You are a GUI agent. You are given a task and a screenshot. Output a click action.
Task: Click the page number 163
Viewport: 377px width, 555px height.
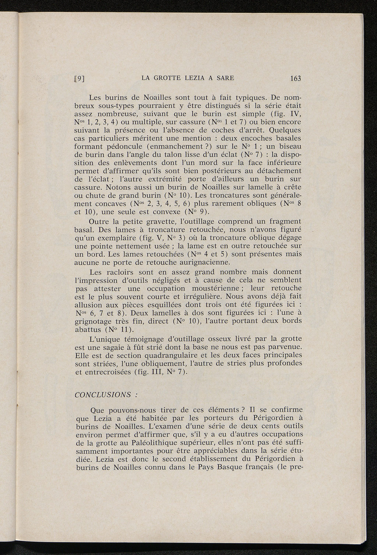tap(295, 78)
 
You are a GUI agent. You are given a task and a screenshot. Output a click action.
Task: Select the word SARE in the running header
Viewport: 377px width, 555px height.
tap(224, 78)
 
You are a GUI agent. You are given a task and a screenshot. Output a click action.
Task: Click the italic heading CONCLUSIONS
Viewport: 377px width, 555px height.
tap(103, 395)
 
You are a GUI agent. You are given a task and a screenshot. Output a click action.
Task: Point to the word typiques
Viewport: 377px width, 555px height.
tap(249, 98)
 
